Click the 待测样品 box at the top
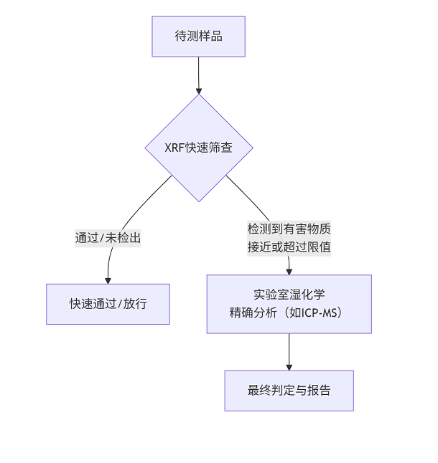click(x=198, y=37)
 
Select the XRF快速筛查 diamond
click(x=199, y=148)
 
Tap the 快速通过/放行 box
click(x=108, y=304)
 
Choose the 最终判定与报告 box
click(x=289, y=391)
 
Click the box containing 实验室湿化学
click(x=289, y=304)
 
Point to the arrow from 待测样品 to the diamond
click(x=199, y=75)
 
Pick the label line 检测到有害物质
click(x=289, y=229)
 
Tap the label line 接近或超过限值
click(x=289, y=247)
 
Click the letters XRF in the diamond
click(x=173, y=148)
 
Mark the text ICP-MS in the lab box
click(x=323, y=313)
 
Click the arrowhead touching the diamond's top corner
click(x=199, y=90)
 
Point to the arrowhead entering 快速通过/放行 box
click(x=108, y=280)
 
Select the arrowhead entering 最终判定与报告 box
click(x=289, y=366)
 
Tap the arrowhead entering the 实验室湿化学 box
click(x=289, y=271)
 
